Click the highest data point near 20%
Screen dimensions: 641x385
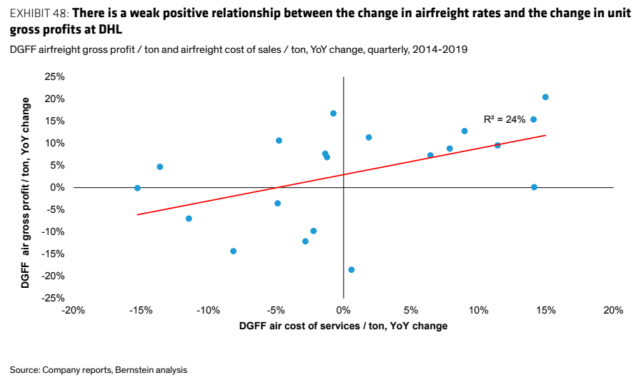point(545,97)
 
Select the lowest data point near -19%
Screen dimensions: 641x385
point(351,270)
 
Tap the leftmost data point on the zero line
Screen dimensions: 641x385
point(137,188)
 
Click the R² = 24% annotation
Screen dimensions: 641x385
point(504,119)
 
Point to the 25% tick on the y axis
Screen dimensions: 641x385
point(55,77)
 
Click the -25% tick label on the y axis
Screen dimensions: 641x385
point(53,298)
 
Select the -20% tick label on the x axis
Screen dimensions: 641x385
point(73,311)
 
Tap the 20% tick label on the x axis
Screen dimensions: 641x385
point(613,311)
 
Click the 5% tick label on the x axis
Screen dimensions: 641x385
point(411,311)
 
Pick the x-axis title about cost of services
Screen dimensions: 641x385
point(343,326)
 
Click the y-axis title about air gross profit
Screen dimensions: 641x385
point(25,193)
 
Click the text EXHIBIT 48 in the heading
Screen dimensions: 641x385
point(39,14)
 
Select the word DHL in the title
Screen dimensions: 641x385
point(110,29)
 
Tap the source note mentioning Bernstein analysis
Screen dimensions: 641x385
point(99,370)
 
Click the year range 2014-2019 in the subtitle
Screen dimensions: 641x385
point(439,49)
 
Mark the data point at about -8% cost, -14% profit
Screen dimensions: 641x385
point(233,251)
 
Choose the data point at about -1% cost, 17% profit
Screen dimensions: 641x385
point(333,113)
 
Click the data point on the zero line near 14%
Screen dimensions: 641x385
point(534,187)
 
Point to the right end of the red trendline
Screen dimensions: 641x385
point(546,135)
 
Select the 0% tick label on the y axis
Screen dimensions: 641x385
point(57,188)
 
